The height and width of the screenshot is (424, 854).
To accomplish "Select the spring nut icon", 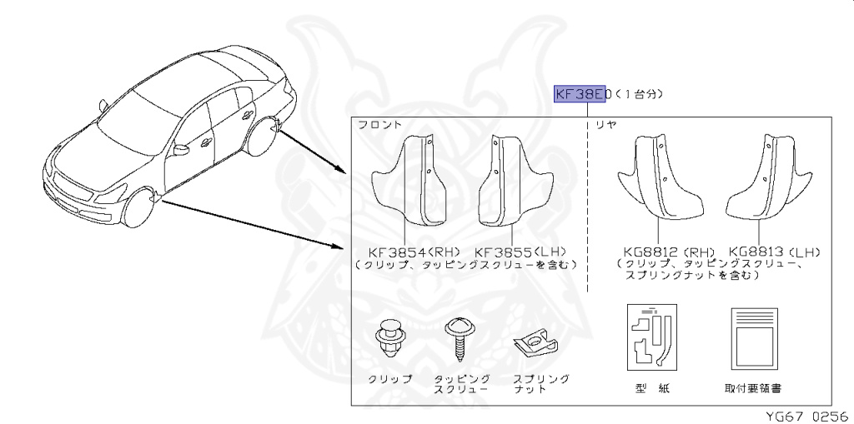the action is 530,341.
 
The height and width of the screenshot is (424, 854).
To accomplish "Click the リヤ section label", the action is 605,125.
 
